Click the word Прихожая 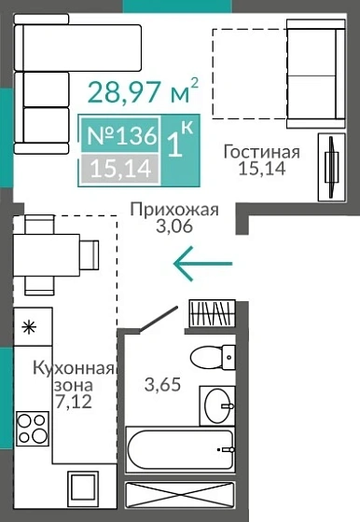tap(174, 209)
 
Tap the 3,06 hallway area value tap(174, 227)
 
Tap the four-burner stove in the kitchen tap(33, 428)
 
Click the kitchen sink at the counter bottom tap(81, 488)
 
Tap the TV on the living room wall tap(330, 168)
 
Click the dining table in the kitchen tap(50, 253)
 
